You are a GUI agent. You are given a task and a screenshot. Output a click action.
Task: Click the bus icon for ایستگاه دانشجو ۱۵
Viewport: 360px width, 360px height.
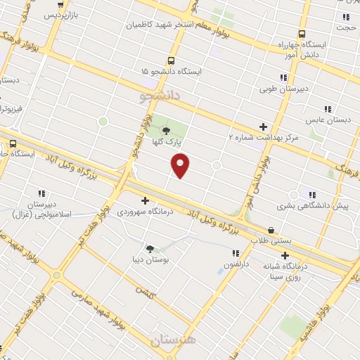point(171,61)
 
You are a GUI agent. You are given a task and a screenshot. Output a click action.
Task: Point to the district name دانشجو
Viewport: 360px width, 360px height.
point(160,93)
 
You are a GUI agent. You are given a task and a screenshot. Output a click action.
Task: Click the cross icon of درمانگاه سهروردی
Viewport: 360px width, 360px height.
point(146,200)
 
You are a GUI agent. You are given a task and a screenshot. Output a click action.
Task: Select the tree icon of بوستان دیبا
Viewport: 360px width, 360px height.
point(149,247)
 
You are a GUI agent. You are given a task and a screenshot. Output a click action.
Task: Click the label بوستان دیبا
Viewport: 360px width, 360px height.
point(148,259)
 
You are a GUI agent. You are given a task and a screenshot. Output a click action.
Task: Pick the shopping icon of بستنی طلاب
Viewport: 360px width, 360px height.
point(271,229)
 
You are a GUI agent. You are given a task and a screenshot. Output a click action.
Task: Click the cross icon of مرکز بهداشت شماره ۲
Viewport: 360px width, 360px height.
point(264,127)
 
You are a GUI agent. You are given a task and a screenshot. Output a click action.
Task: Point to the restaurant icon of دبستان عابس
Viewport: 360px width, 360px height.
point(327,109)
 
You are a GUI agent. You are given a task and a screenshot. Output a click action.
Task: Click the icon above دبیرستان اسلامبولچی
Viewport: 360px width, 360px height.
point(41,193)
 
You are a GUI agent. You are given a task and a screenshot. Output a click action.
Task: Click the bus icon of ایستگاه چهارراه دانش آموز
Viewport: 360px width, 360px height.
point(302,33)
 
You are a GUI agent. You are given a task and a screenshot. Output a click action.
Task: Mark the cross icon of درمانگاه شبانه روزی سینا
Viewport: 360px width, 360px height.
point(285,255)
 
